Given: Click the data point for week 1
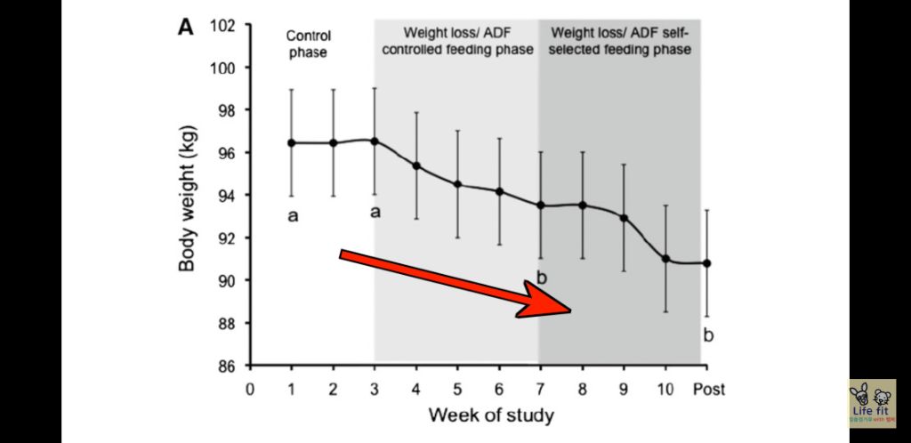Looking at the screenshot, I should (291, 142).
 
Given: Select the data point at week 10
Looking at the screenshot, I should (665, 258).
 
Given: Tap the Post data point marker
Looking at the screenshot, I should (707, 263).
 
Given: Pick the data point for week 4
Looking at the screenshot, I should (416, 166).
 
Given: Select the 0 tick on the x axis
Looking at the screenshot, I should (250, 389).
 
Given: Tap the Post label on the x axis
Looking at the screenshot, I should (708, 389).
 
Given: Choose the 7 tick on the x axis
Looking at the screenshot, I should (540, 389).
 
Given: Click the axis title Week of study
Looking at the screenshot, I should (491, 415).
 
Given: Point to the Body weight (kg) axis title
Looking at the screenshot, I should (188, 196).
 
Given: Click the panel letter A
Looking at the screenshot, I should (185, 27).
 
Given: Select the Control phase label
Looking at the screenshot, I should (308, 44).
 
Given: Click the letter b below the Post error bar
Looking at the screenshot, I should (708, 335).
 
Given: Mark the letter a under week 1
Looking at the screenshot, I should (292, 215).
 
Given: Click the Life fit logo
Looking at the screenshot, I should (872, 404).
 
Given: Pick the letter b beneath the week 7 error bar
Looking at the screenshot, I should (542, 278).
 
